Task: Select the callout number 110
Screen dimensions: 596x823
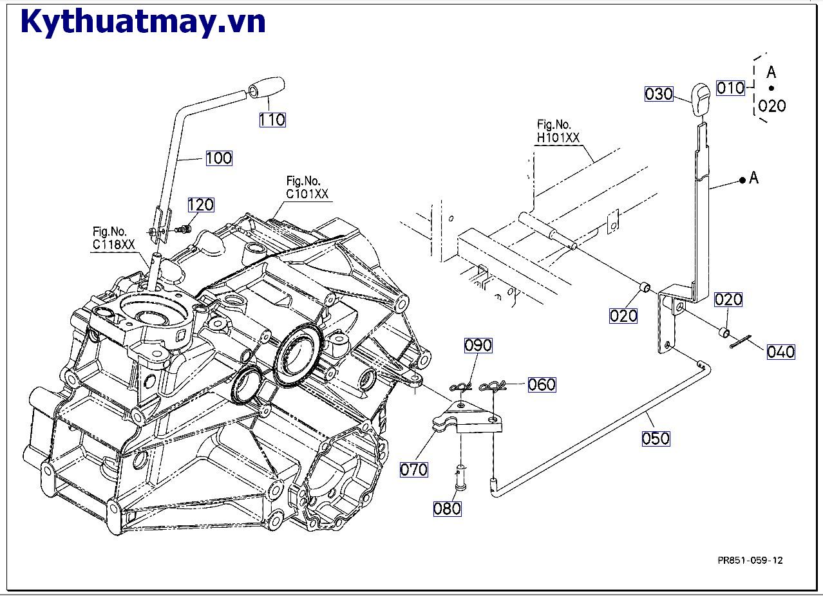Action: click(272, 119)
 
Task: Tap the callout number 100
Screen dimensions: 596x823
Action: click(219, 158)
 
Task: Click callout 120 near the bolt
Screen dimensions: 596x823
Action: click(200, 205)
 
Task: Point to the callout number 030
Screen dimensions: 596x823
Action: click(659, 94)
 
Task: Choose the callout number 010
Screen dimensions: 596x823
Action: click(730, 88)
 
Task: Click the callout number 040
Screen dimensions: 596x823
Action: click(780, 352)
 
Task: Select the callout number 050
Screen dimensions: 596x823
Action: click(656, 438)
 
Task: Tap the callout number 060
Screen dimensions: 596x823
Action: click(542, 384)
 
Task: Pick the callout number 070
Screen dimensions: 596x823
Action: click(414, 469)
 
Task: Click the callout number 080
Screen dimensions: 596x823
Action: click(447, 508)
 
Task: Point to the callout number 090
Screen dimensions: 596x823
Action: click(478, 345)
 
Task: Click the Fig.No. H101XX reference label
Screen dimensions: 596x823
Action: click(558, 131)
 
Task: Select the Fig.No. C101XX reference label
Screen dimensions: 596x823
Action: click(308, 187)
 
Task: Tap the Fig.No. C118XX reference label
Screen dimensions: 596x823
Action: click(113, 237)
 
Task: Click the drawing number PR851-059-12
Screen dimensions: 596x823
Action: click(750, 560)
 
